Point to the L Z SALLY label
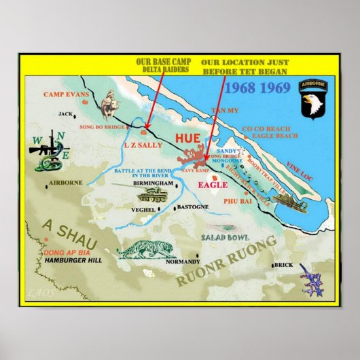pos(142,145)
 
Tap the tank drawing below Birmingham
pos(156,197)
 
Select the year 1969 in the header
pos(274,88)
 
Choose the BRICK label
pos(284,265)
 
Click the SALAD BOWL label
pos(225,238)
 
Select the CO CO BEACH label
pos(267,128)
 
